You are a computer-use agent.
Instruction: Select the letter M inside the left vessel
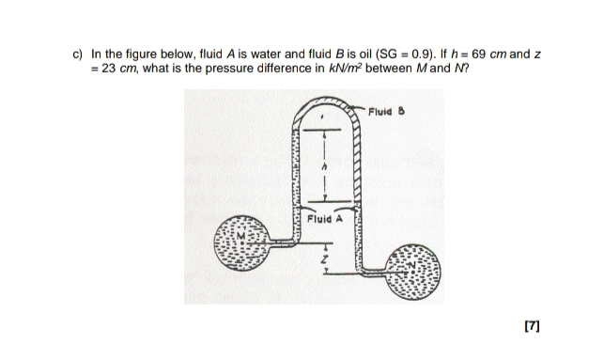(225, 251)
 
